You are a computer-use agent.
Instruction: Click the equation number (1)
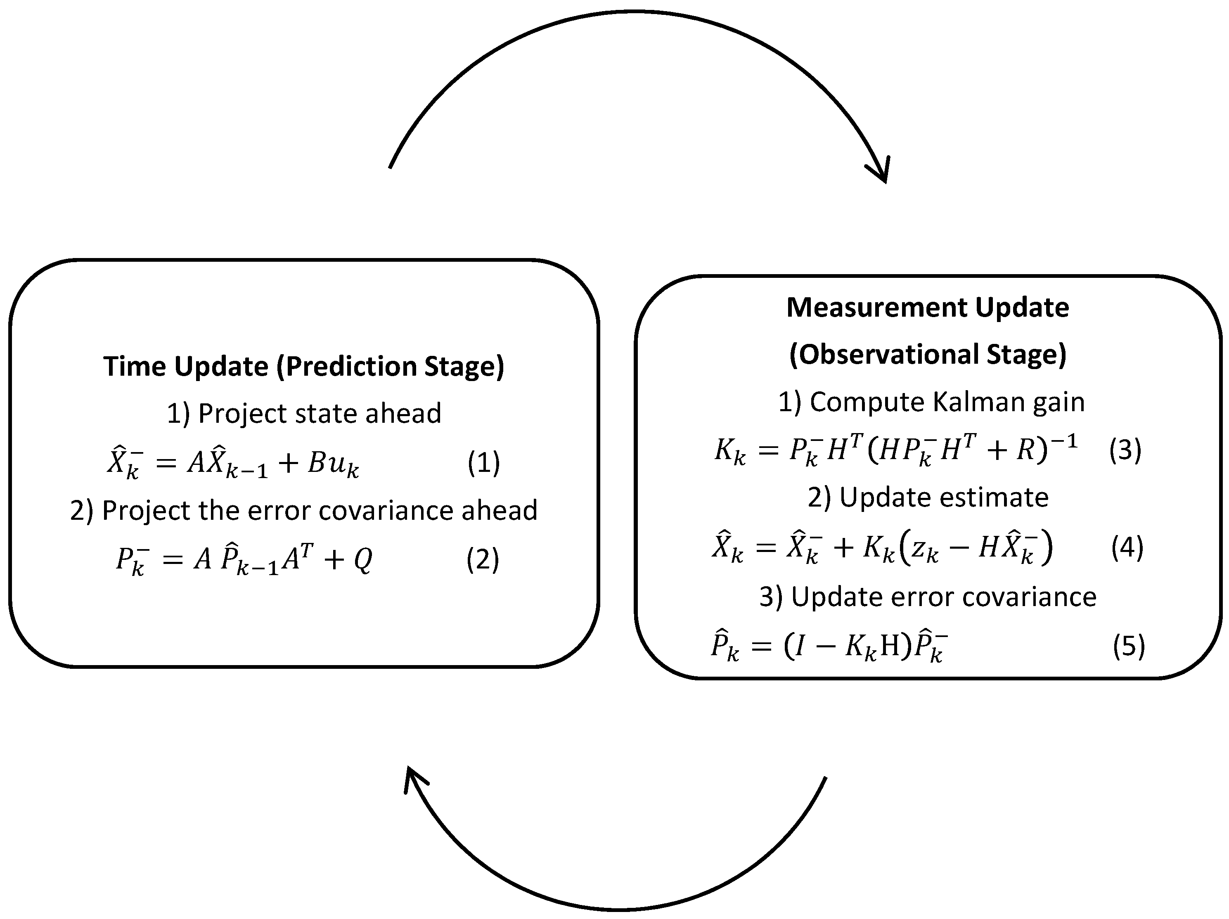[483, 463]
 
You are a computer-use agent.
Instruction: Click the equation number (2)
[482, 559]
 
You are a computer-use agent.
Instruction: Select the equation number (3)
[1125, 450]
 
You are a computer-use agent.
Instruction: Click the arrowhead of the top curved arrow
[882, 171]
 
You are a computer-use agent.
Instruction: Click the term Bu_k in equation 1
[333, 464]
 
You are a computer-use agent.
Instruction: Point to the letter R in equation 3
[1025, 450]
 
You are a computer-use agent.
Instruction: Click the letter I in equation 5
[798, 646]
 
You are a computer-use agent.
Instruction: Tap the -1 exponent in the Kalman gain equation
[1063, 442]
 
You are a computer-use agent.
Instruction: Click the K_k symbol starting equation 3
[729, 451]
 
